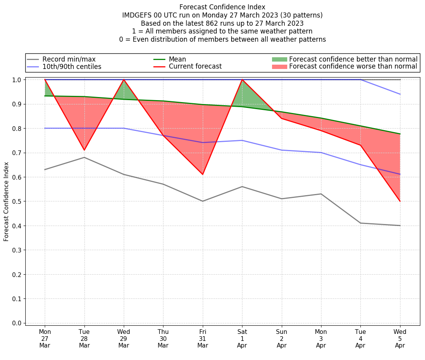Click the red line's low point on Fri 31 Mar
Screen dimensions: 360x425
(x=203, y=174)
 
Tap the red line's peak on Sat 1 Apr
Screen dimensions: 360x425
(x=242, y=79)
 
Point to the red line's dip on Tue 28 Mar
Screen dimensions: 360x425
(x=84, y=150)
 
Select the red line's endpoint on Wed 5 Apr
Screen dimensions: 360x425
(x=400, y=201)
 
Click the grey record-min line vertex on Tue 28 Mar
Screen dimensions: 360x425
(x=84, y=157)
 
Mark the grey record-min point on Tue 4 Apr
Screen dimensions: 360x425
(x=360, y=223)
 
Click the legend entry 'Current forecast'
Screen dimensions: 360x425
(x=195, y=67)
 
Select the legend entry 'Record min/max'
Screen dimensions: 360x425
(x=69, y=59)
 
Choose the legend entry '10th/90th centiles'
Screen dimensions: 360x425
(x=72, y=67)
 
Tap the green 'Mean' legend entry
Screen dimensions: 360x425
(x=177, y=59)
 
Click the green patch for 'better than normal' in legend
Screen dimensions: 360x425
(x=279, y=59)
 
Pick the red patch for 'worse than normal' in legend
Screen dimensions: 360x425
(x=279, y=67)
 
